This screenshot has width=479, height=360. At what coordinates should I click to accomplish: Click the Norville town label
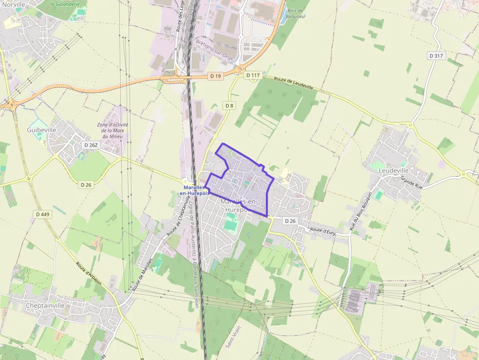13,4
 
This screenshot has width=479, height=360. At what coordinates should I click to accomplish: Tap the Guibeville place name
42,130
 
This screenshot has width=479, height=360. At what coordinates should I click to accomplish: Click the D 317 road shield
436,56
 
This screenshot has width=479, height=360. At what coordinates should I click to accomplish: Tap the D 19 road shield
215,76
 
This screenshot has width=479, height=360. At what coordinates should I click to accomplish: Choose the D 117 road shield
253,75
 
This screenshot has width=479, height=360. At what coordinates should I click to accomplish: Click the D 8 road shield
229,106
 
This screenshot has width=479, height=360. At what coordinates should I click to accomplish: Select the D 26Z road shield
91,145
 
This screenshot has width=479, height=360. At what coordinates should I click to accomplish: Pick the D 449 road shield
43,214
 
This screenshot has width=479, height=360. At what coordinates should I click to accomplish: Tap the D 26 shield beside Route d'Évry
290,221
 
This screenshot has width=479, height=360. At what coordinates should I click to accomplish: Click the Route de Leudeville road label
293,82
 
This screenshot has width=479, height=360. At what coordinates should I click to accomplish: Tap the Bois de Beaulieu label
296,13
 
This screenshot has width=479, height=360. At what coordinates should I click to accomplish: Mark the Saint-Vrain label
233,337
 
